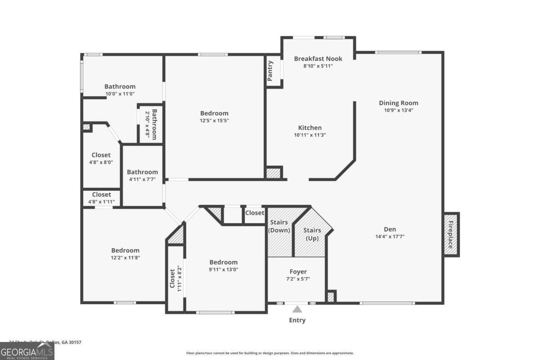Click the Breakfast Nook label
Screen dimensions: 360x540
(318, 58)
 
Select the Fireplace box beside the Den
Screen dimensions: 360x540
(451, 234)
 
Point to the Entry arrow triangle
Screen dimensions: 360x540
(297, 309)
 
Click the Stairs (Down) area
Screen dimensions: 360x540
(279, 232)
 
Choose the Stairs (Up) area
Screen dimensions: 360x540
(312, 234)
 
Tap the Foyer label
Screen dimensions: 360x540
(298, 272)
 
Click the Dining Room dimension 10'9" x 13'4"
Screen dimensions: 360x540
(398, 110)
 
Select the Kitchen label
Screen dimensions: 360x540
(310, 128)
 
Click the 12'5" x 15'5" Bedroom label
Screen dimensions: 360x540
(214, 113)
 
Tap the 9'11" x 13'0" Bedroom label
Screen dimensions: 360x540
(223, 262)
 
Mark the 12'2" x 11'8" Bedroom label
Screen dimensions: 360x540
(125, 250)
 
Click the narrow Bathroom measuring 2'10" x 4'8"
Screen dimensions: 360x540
(151, 124)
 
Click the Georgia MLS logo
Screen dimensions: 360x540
(27, 351)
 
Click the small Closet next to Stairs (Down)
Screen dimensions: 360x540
(255, 213)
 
